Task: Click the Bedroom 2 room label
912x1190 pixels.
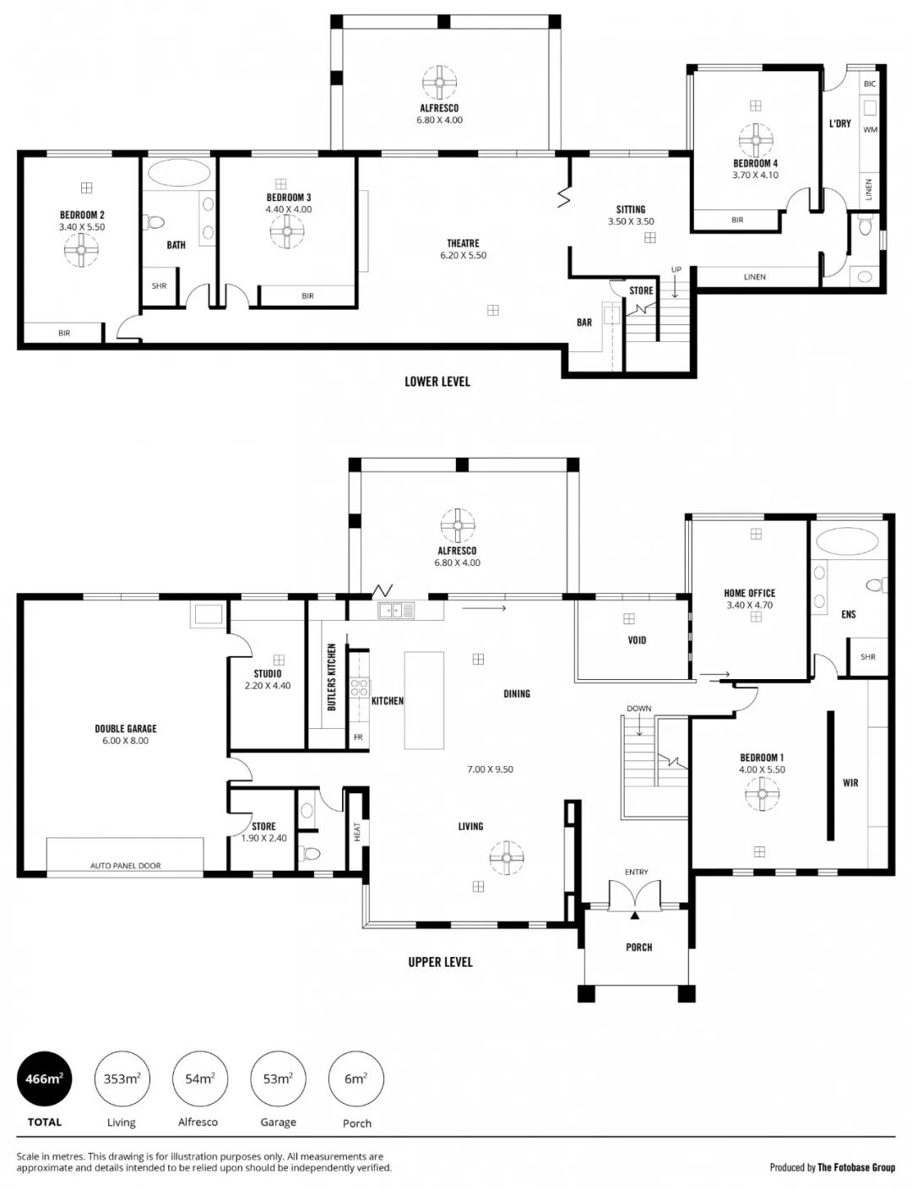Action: (82, 215)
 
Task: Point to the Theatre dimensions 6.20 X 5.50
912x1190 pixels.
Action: (463, 255)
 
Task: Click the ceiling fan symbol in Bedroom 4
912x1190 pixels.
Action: (756, 139)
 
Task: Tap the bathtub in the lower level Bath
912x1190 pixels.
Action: (178, 174)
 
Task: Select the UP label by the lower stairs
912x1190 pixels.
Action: (676, 269)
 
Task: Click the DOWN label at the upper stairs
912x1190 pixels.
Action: (638, 708)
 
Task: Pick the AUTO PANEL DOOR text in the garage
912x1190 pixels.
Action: (125, 866)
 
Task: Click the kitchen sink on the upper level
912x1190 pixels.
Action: (396, 610)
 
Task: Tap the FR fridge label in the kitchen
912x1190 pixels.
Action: (358, 737)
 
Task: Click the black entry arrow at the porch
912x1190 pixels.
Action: (634, 915)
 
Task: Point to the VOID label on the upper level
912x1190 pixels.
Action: (637, 639)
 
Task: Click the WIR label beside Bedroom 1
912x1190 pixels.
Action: (850, 783)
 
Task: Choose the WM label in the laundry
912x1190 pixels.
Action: (870, 130)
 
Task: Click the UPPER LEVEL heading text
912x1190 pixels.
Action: (440, 962)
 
